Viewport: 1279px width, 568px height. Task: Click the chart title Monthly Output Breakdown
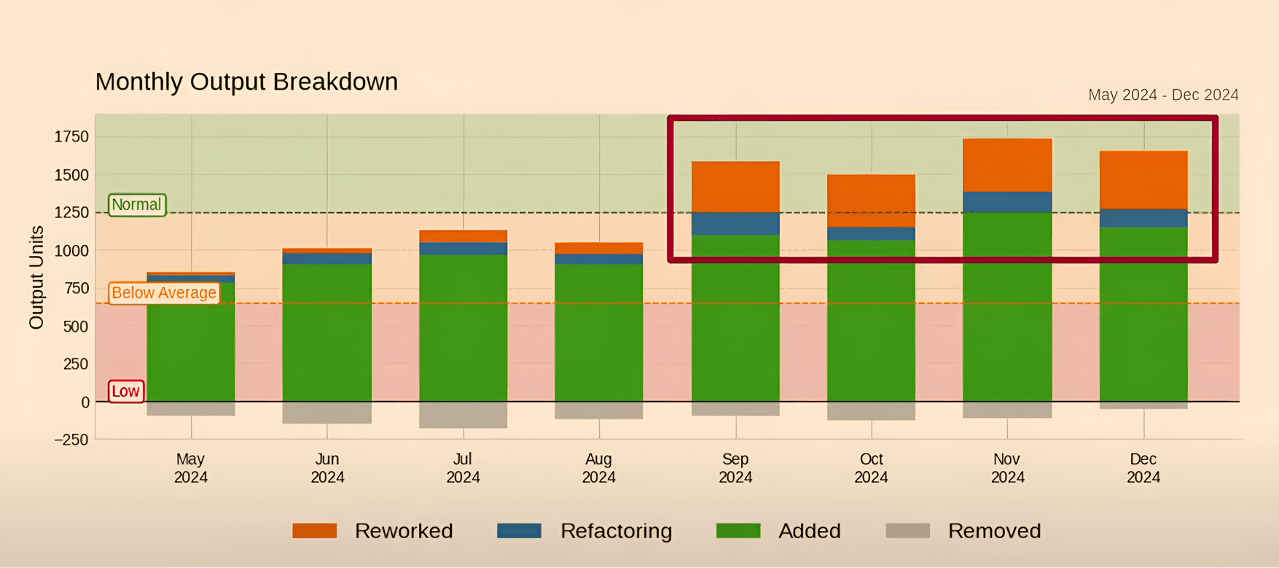pyautogui.click(x=246, y=82)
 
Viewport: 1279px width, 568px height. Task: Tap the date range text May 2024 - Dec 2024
pyautogui.click(x=1163, y=95)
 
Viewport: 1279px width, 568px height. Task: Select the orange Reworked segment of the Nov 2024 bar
pyautogui.click(x=1007, y=165)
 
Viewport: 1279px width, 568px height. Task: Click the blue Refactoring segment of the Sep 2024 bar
pyautogui.click(x=735, y=224)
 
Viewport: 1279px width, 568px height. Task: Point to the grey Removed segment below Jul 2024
pyautogui.click(x=463, y=415)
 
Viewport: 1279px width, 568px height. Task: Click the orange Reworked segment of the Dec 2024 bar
pyautogui.click(x=1143, y=179)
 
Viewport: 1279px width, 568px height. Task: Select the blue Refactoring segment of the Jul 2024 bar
pyautogui.click(x=463, y=249)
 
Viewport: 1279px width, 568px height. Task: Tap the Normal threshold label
pyautogui.click(x=136, y=205)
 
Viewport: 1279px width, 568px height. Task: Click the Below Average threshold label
pyautogui.click(x=164, y=292)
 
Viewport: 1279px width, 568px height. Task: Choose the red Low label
pyautogui.click(x=125, y=392)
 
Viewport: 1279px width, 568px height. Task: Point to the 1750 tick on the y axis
pyautogui.click(x=71, y=137)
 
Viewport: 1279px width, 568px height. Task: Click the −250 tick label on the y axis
pyautogui.click(x=71, y=440)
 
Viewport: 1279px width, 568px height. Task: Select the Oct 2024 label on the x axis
pyautogui.click(x=871, y=468)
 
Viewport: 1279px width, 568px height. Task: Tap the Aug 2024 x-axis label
pyautogui.click(x=598, y=468)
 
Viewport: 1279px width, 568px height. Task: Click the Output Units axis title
pyautogui.click(x=36, y=277)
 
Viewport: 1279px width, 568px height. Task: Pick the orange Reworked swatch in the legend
pyautogui.click(x=314, y=531)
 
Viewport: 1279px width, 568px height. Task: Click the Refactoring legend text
pyautogui.click(x=616, y=531)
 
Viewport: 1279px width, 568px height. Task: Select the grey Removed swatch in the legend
pyautogui.click(x=907, y=531)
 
